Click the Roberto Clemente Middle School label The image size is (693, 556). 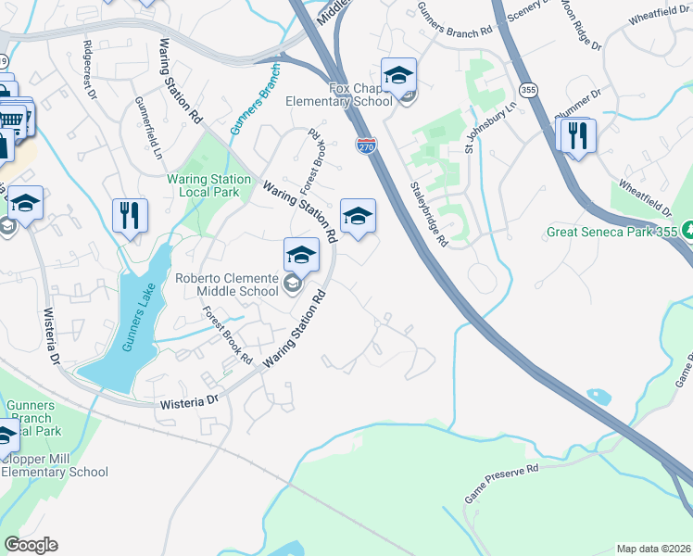[227, 284]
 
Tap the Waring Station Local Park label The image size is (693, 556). [208, 185]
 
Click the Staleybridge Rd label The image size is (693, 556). [430, 214]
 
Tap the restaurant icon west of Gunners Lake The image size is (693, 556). [130, 216]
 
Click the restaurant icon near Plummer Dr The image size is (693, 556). [578, 135]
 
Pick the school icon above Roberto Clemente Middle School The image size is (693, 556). [301, 254]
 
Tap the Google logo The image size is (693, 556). [31, 545]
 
